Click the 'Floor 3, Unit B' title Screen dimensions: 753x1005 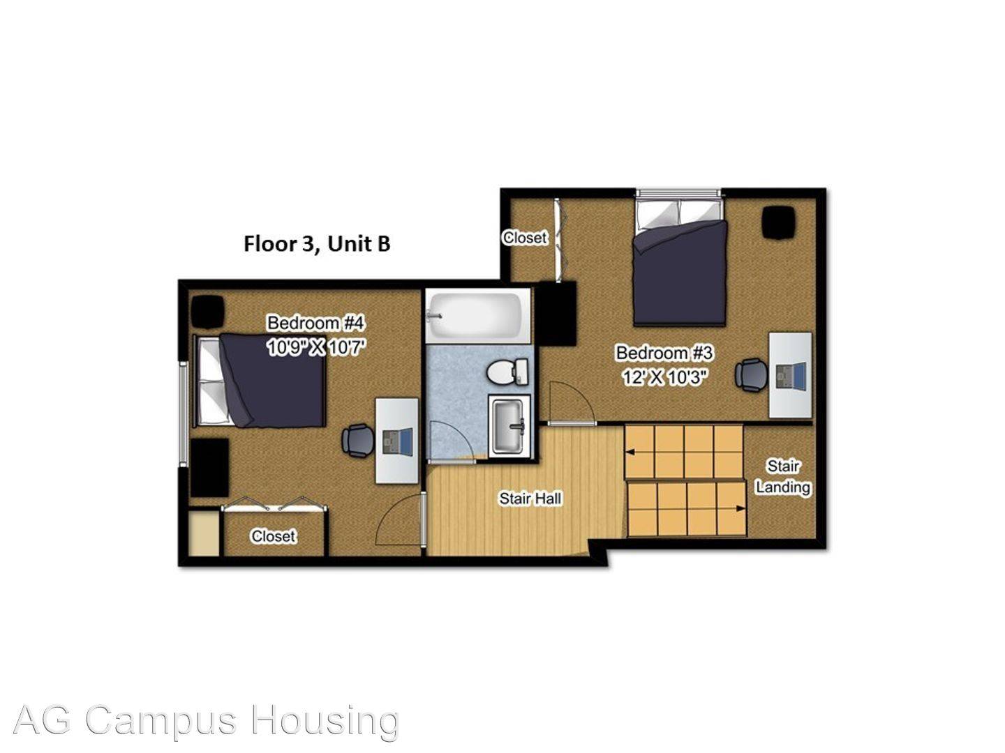316,244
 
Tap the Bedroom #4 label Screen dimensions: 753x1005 315,324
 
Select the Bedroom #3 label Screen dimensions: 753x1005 664,353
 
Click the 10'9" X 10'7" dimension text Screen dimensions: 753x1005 317,347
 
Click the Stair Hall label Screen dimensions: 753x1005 530,499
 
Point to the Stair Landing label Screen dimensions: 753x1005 782,476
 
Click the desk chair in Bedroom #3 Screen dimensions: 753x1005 751,374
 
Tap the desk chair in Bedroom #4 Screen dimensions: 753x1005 357,441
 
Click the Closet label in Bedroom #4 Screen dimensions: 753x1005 273,536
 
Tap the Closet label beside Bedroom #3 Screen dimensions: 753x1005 525,238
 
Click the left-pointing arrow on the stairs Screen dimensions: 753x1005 631,452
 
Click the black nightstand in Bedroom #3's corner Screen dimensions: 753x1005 780,222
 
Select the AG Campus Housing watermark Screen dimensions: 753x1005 206,720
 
